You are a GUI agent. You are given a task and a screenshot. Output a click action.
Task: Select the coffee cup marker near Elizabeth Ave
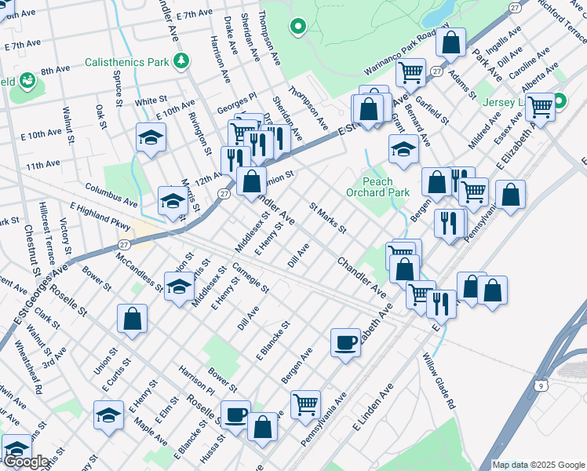[x=345, y=342]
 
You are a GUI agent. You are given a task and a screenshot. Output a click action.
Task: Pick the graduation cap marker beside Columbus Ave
[x=173, y=201]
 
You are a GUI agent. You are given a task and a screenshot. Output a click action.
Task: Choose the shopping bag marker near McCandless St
[x=132, y=318]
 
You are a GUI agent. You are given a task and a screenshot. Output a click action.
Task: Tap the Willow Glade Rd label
[x=439, y=382]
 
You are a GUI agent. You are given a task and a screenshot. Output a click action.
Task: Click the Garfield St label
[x=432, y=111]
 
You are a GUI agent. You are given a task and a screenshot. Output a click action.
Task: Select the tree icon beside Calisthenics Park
[x=182, y=60]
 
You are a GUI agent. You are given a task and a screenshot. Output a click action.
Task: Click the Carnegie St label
[x=252, y=279]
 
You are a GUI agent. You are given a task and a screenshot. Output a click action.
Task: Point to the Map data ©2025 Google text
[x=538, y=465]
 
